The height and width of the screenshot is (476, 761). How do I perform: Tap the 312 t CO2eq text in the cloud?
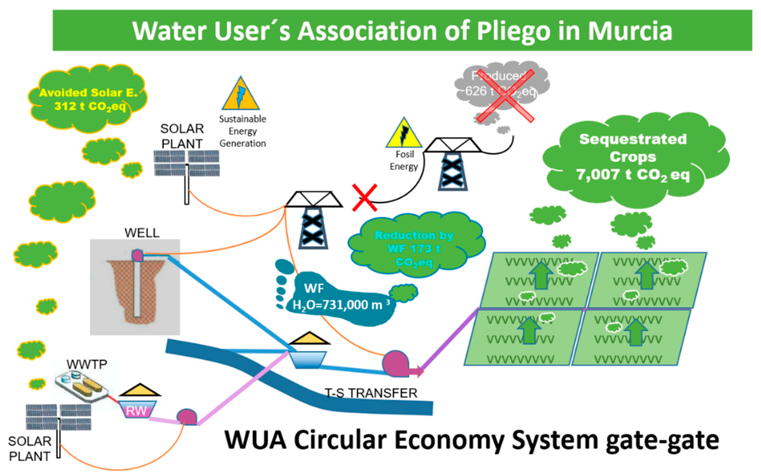pyautogui.click(x=90, y=106)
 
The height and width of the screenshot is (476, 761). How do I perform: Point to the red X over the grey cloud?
pyautogui.click(x=505, y=96)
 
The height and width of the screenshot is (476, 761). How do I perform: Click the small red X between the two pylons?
pyautogui.click(x=365, y=198)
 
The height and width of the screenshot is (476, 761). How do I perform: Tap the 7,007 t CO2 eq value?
pyautogui.click(x=633, y=175)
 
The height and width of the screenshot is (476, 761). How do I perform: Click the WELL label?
pyautogui.click(x=142, y=233)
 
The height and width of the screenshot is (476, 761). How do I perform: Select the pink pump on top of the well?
pyautogui.click(x=138, y=255)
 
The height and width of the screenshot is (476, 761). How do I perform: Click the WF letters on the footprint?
pyautogui.click(x=314, y=288)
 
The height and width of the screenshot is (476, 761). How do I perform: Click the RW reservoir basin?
pyautogui.click(x=137, y=409)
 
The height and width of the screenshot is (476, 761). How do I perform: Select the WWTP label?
pyautogui.click(x=87, y=364)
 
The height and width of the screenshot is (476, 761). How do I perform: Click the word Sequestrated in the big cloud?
pyautogui.click(x=633, y=139)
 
